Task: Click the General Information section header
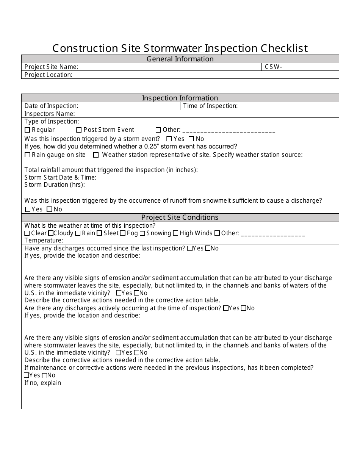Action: pyautogui.click(x=180, y=59)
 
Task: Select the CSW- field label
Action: pyautogui.click(x=273, y=67)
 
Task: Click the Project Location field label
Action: pyautogui.click(x=48, y=75)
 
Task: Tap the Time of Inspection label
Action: pyautogui.click(x=210, y=106)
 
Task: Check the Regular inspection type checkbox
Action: pyautogui.click(x=27, y=130)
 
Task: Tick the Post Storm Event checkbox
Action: pyautogui.click(x=79, y=130)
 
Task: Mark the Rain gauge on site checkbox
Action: pyautogui.click(x=27, y=155)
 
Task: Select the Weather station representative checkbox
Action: pyautogui.click(x=96, y=155)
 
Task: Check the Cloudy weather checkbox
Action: pyautogui.click(x=51, y=233)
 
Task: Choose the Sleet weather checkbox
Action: pyautogui.click(x=99, y=233)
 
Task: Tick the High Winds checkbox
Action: pyautogui.click(x=175, y=233)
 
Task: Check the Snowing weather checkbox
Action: pyautogui.click(x=142, y=233)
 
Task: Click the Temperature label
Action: pyautogui.click(x=44, y=241)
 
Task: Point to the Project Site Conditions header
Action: pyautogui.click(x=180, y=217)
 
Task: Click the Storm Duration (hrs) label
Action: pyautogui.click(x=55, y=185)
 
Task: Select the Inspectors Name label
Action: pyautogui.click(x=50, y=114)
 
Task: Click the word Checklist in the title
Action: pyautogui.click(x=284, y=48)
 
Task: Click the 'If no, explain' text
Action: pyautogui.click(x=42, y=383)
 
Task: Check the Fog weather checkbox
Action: pyautogui.click(x=123, y=233)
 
